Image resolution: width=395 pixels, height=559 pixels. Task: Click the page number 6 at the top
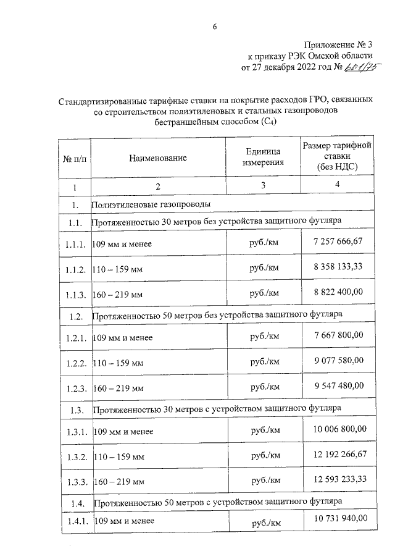click(214, 26)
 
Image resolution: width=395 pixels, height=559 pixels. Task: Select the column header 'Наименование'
click(158, 158)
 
